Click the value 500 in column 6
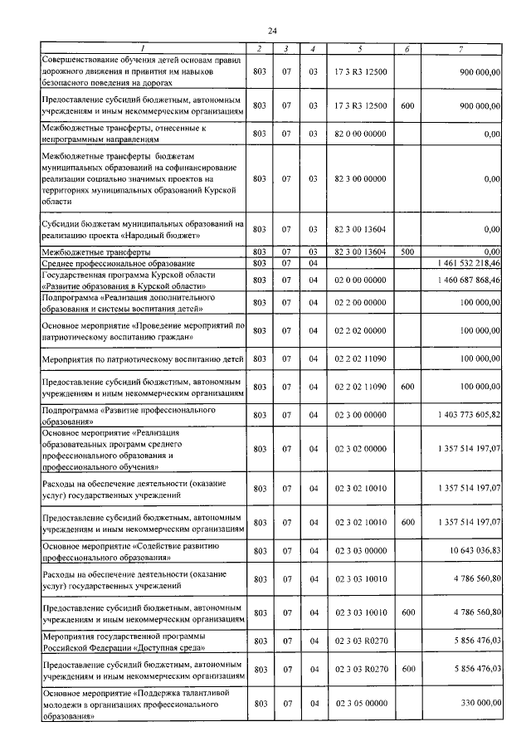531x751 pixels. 407,251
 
